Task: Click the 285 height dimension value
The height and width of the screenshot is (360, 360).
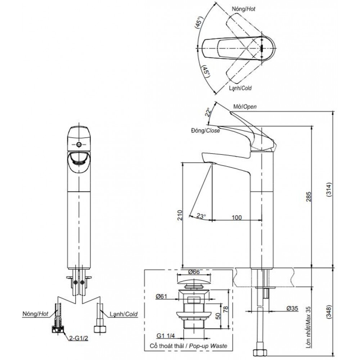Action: pyautogui.click(x=309, y=197)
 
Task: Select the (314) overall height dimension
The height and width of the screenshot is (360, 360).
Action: pyautogui.click(x=329, y=189)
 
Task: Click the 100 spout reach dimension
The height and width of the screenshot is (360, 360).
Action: pyautogui.click(x=237, y=217)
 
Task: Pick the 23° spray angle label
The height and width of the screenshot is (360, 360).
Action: pyautogui.click(x=201, y=216)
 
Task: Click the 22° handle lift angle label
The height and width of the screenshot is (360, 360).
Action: pyautogui.click(x=208, y=112)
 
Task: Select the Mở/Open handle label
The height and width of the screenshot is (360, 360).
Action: pyautogui.click(x=245, y=107)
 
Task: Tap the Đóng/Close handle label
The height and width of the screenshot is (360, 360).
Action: pyautogui.click(x=205, y=131)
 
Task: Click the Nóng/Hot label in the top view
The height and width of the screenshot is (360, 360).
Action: pyautogui.click(x=243, y=9)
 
